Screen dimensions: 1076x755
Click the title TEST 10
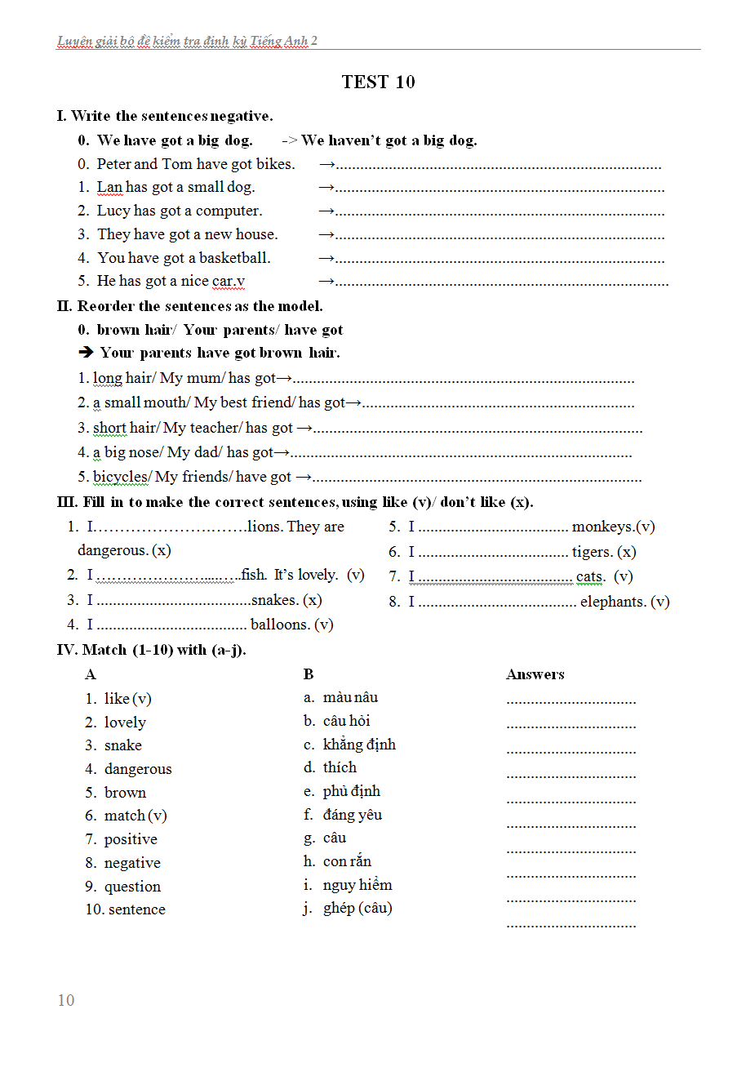(x=378, y=82)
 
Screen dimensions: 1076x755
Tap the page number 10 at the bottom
(x=66, y=1000)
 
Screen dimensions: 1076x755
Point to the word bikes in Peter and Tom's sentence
(x=273, y=164)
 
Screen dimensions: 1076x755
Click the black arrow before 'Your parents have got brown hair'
(x=86, y=353)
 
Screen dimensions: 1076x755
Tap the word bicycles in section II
(x=120, y=477)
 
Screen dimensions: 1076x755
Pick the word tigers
(x=592, y=552)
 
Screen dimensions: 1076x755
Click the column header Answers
(x=535, y=674)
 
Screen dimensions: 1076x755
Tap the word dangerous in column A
(x=138, y=769)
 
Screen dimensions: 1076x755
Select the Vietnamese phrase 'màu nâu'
(x=350, y=697)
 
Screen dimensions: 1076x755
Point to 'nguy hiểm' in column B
(x=358, y=885)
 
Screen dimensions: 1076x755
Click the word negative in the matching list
(x=132, y=863)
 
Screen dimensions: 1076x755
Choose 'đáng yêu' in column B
(x=352, y=815)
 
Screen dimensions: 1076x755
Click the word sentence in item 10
(x=136, y=909)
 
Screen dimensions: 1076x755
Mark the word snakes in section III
(x=274, y=600)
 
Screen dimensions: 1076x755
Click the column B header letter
(x=309, y=674)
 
